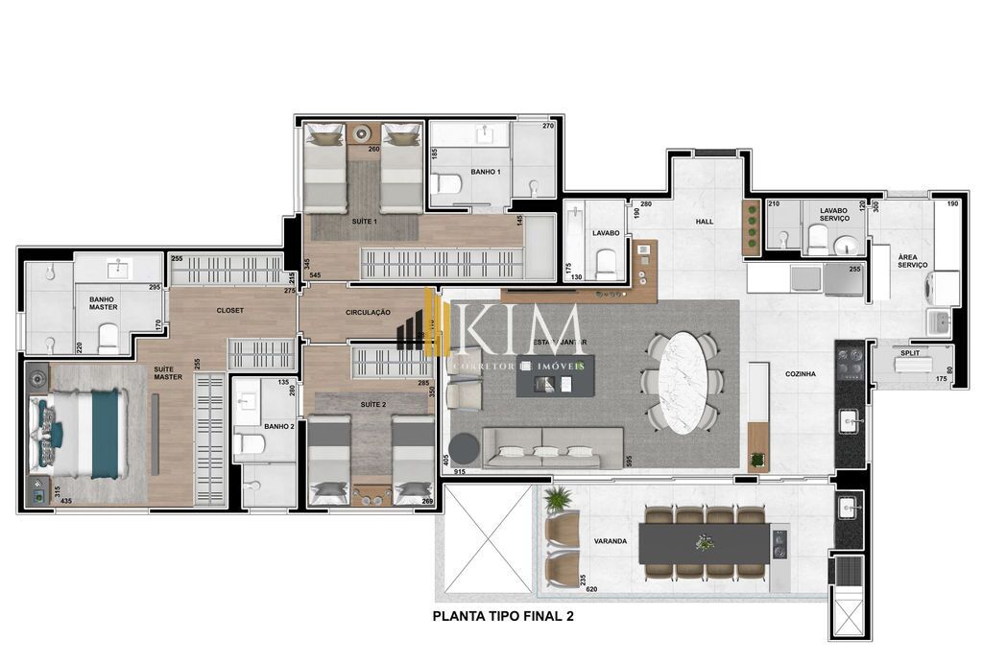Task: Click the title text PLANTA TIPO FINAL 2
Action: click(503, 617)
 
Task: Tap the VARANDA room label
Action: click(610, 541)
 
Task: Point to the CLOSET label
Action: click(229, 310)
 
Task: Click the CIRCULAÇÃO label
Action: click(368, 312)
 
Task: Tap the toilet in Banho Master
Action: click(108, 337)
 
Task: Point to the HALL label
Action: click(704, 222)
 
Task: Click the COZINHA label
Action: click(801, 374)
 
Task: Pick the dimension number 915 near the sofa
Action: click(461, 472)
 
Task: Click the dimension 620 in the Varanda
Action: click(591, 589)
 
